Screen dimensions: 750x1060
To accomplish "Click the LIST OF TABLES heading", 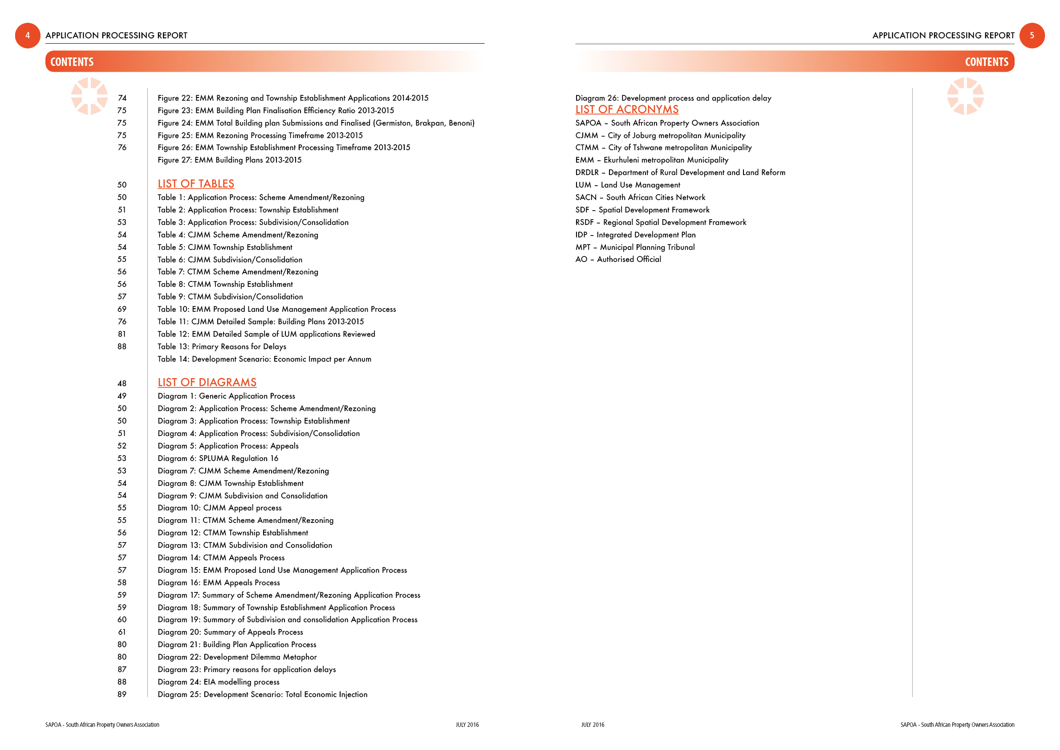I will click(196, 184).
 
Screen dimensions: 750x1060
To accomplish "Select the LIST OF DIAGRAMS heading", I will click(207, 383).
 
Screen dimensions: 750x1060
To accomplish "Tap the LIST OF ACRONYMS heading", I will click(626, 110).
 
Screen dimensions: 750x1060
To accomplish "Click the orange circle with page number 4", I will click(28, 36).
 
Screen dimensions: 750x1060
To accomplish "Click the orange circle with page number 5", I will click(1032, 36).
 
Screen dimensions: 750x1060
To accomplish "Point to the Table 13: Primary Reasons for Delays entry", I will click(222, 346).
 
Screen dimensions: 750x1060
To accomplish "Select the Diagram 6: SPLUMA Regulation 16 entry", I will click(218, 458).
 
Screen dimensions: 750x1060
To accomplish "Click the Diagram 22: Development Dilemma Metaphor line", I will click(237, 657).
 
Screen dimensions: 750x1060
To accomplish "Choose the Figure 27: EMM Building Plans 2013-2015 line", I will click(229, 160).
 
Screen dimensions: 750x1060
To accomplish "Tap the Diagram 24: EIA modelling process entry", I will click(219, 682).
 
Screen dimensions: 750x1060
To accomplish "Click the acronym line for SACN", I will click(640, 197).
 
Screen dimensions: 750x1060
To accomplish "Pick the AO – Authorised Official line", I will click(618, 259).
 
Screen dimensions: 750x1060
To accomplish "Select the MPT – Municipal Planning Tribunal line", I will click(635, 247).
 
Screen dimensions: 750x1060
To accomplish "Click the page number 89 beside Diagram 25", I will click(122, 694).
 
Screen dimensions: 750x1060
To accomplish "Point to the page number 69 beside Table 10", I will click(122, 309).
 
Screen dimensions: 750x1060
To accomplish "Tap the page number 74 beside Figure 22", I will click(122, 98).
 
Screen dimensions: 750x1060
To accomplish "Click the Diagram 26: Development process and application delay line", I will click(673, 98).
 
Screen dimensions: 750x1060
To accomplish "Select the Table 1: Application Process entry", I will click(261, 197).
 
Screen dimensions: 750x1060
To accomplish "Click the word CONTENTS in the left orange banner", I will click(72, 62).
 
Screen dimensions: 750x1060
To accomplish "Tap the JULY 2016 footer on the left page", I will click(467, 725).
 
